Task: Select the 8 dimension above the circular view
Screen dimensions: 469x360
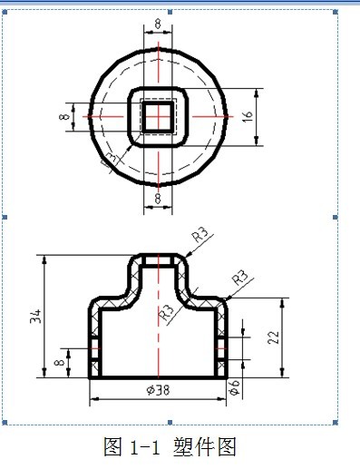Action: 159,24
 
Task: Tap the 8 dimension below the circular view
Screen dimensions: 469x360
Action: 159,198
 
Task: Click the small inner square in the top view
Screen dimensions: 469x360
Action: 159,116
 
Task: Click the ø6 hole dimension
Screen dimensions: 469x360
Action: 236,386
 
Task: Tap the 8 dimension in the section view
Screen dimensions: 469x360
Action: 61,362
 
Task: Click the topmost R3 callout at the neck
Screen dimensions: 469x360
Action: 200,235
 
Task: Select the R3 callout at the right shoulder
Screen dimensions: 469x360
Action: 240,276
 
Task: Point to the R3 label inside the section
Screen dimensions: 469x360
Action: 168,312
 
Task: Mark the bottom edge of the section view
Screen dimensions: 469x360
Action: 159,377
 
